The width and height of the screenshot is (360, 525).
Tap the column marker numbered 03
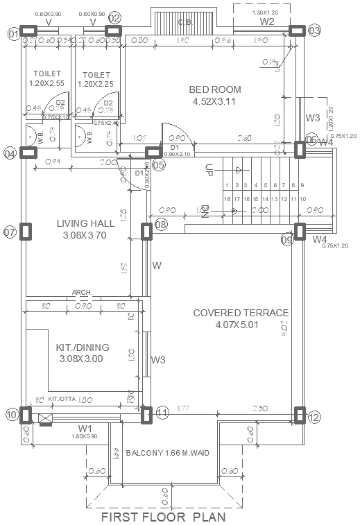click(314, 31)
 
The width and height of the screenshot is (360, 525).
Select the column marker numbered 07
click(10, 232)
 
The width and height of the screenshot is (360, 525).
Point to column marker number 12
click(314, 418)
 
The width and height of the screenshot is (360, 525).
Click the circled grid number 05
click(159, 165)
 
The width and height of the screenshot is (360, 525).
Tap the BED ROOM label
click(215, 89)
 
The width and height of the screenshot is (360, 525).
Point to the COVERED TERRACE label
click(241, 313)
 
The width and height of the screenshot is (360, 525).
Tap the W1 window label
click(85, 428)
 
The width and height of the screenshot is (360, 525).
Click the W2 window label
click(267, 21)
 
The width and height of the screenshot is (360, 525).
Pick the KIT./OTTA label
click(62, 399)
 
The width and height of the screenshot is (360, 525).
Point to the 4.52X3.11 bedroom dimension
click(215, 101)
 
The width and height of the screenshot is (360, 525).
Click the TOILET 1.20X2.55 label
click(47, 78)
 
